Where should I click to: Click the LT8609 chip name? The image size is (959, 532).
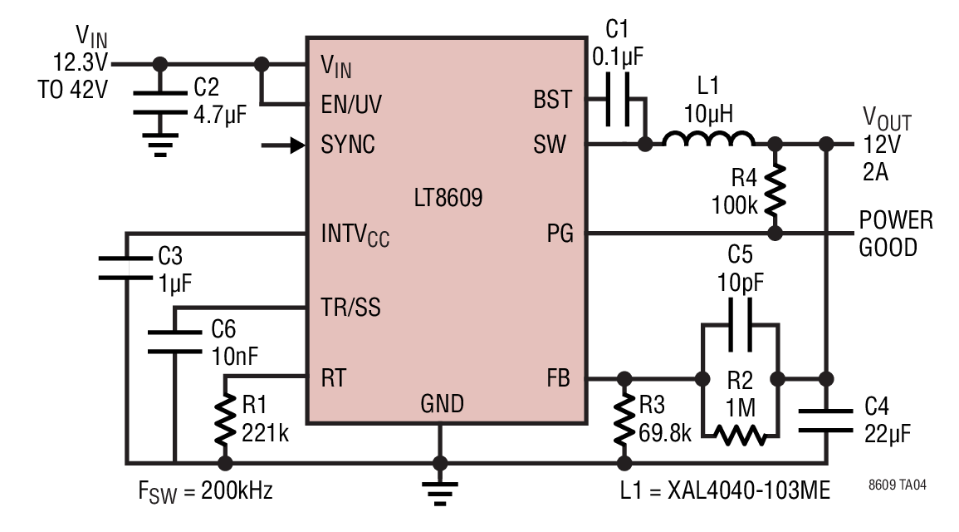pos(448,198)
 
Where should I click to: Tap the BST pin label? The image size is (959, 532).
pos(552,100)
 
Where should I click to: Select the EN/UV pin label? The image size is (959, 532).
pos(351,105)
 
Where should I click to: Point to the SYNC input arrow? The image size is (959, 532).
pos(282,145)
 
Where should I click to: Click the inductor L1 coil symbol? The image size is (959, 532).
pos(708,139)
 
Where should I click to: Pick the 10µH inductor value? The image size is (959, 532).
pos(708,114)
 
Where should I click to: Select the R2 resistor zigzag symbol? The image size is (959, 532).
pos(740,436)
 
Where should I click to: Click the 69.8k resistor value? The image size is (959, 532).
pos(664,433)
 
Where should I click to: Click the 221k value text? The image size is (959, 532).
pos(265,433)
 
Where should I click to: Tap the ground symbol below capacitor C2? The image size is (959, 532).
pos(160,145)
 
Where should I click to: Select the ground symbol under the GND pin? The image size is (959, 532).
pos(440,494)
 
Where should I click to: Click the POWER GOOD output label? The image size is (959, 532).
pos(896,234)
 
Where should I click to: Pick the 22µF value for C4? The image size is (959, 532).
pos(888,433)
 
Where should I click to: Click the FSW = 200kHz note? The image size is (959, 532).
pos(206,491)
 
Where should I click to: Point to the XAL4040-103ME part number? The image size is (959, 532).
pos(749,490)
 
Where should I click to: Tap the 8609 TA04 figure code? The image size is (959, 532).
pos(898,485)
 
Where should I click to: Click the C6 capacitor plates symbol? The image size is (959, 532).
pos(175,342)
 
